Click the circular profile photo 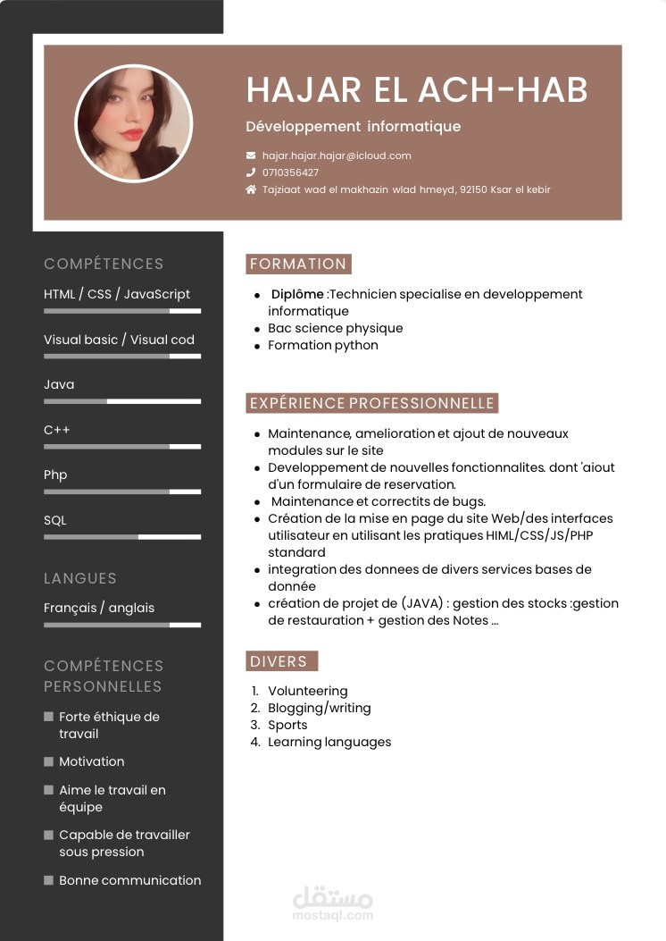[134, 122]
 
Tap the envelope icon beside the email [251, 155]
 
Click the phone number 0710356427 [290, 172]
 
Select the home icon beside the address [251, 189]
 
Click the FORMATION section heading [298, 264]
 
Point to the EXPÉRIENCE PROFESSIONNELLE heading [371, 403]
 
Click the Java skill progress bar [122, 401]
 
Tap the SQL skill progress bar [122, 537]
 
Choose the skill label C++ [57, 430]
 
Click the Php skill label [55, 475]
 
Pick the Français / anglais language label [99, 608]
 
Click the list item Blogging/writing [320, 708]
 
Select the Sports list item [287, 725]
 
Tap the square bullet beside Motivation [48, 761]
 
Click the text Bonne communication [130, 880]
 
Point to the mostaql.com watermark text [332, 915]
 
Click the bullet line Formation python [323, 345]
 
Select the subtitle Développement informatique [354, 126]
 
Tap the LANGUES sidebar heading [80, 578]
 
